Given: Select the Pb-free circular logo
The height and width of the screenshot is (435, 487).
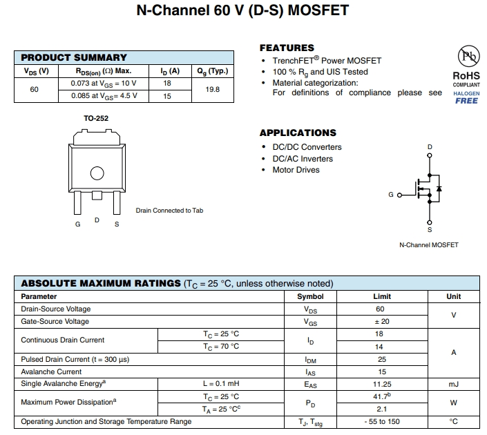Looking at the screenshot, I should click(466, 57).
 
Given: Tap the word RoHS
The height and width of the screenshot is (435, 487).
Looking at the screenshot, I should click(466, 75).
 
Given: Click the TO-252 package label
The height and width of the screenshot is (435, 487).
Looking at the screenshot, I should click(96, 119).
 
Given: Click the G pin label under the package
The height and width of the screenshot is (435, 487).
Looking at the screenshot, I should click(77, 224).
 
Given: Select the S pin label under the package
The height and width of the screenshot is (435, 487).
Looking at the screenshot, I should click(116, 224).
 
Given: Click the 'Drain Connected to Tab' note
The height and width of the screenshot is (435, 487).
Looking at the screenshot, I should click(169, 211).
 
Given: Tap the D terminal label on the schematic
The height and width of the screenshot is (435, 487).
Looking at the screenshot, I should click(430, 147).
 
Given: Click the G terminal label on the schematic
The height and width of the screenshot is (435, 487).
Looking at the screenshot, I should click(391, 195).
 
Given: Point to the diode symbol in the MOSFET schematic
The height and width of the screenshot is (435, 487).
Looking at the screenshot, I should click(439, 188).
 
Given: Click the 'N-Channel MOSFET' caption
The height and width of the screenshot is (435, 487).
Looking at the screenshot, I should click(428, 245).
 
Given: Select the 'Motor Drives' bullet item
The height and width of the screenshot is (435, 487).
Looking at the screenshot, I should click(296, 170).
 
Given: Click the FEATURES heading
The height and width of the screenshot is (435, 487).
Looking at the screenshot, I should click(287, 48).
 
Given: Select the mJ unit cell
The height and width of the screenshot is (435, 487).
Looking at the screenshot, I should click(453, 384).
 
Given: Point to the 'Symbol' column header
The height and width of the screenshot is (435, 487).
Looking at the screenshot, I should click(310, 296).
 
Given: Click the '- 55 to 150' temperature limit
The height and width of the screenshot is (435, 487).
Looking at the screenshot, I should click(382, 421).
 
